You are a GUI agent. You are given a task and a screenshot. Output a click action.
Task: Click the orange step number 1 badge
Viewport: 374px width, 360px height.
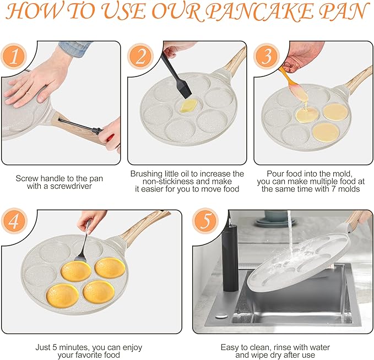14,57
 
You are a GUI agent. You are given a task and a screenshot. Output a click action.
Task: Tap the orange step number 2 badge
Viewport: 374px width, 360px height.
140,57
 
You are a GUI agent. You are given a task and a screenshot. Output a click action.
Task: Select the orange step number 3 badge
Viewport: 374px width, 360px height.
267,57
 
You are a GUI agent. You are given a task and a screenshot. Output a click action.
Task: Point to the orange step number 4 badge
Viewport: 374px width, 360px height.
14,221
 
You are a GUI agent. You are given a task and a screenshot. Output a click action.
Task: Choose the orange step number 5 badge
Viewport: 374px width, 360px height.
205,221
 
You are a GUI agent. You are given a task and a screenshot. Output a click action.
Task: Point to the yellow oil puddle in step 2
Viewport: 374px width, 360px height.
188,106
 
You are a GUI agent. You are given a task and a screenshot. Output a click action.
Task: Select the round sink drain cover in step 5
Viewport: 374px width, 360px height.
221,317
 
